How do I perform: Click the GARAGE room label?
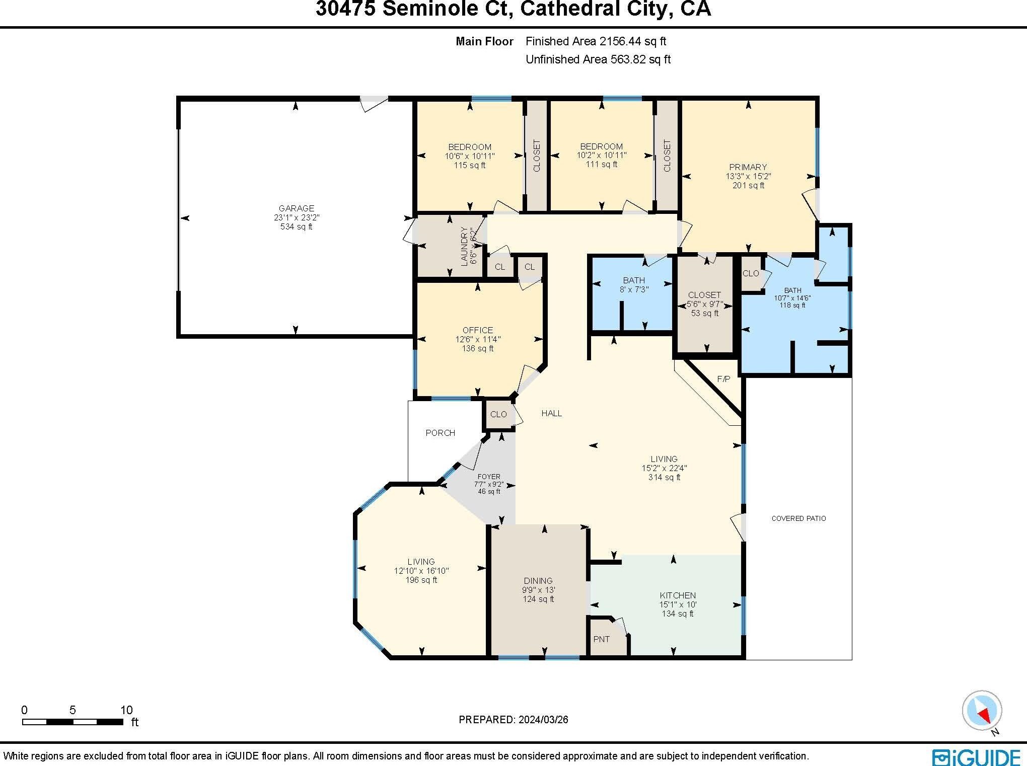coord(297,208)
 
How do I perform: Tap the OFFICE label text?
coord(478,330)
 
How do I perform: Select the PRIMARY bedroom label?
coord(748,167)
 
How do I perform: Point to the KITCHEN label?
coord(678,595)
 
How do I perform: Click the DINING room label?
coord(538,581)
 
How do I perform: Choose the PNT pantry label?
coord(602,639)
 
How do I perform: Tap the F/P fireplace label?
coord(723,379)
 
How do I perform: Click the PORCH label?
coord(440,433)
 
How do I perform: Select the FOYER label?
coord(489,477)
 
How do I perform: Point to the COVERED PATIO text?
coord(798,518)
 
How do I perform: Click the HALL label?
coord(552,413)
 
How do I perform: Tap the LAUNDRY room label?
coord(464,246)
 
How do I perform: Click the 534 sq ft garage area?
coord(297,227)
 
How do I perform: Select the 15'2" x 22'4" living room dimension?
coord(664,468)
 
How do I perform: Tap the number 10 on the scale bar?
coord(126,710)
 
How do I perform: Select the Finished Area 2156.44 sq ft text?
coord(596,41)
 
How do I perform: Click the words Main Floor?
coord(484,41)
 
